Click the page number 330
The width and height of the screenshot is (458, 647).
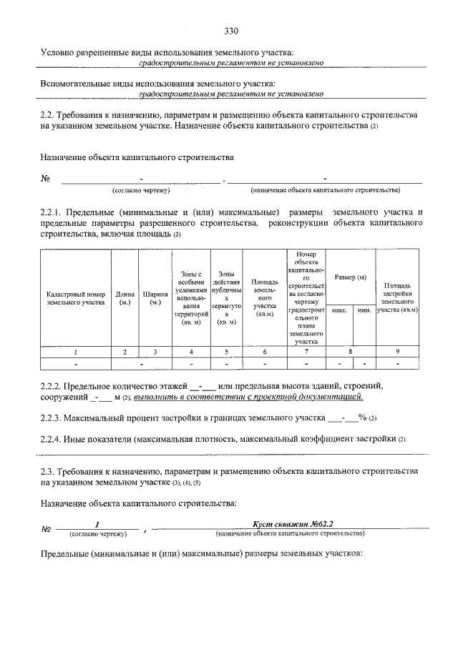click(x=230, y=31)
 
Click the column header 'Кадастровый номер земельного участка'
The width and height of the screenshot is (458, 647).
click(x=76, y=298)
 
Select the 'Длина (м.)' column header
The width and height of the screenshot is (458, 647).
click(x=124, y=298)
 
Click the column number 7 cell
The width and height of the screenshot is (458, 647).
click(x=306, y=351)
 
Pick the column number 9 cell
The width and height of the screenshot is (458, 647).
click(x=398, y=351)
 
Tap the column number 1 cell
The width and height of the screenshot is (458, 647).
click(x=76, y=351)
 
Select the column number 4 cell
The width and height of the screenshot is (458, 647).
click(x=191, y=351)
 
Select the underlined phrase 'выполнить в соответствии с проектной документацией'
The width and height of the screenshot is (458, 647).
click(x=248, y=397)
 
